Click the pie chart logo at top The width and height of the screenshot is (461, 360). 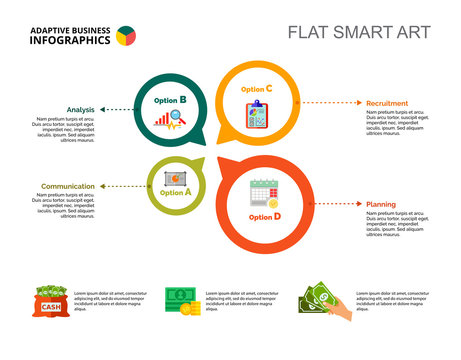[x=126, y=36]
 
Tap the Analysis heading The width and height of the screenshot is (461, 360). [x=81, y=109]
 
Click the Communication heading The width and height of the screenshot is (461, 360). [x=68, y=186]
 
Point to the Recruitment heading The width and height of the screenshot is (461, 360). [x=387, y=103]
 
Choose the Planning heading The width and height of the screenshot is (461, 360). [x=381, y=204]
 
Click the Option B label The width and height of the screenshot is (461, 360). [x=170, y=101]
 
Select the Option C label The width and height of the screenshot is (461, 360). [x=256, y=89]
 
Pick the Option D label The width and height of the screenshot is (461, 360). [x=265, y=216]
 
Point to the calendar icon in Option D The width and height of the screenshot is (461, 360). [x=264, y=193]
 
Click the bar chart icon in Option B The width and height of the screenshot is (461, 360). [x=168, y=121]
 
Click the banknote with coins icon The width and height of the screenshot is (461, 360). [x=181, y=301]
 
